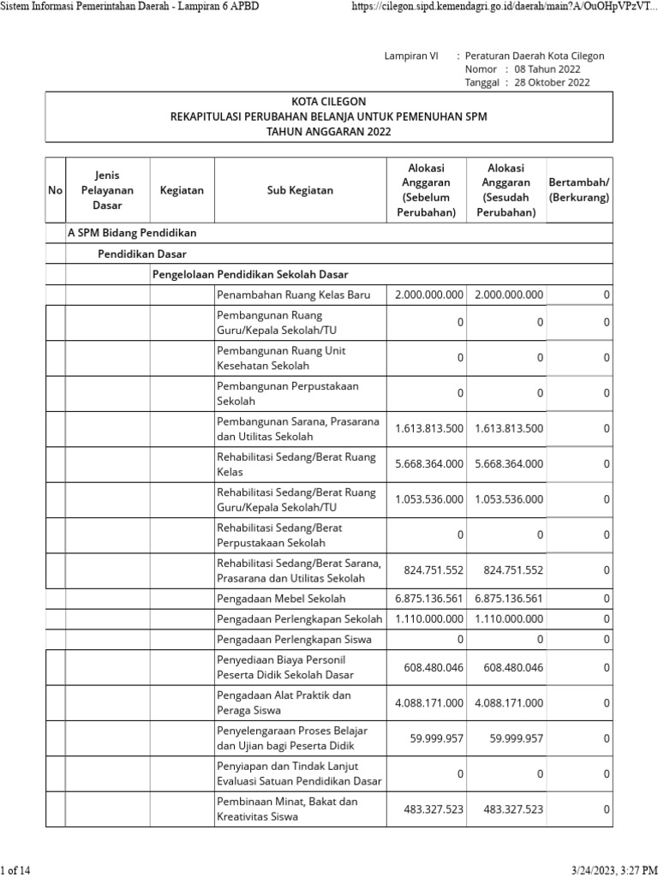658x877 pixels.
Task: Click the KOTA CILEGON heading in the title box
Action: pos(329,101)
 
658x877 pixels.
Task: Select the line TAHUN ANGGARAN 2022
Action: pos(329,132)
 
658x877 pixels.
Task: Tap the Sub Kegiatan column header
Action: pos(300,190)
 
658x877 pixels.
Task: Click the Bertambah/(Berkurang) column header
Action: pos(579,190)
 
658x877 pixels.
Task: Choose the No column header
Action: pos(56,190)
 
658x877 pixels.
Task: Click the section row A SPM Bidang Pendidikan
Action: pos(133,233)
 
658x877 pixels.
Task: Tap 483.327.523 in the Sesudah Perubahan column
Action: pos(513,809)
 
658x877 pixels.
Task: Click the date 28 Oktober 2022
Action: pos(552,83)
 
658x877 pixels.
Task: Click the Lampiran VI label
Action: pos(411,56)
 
